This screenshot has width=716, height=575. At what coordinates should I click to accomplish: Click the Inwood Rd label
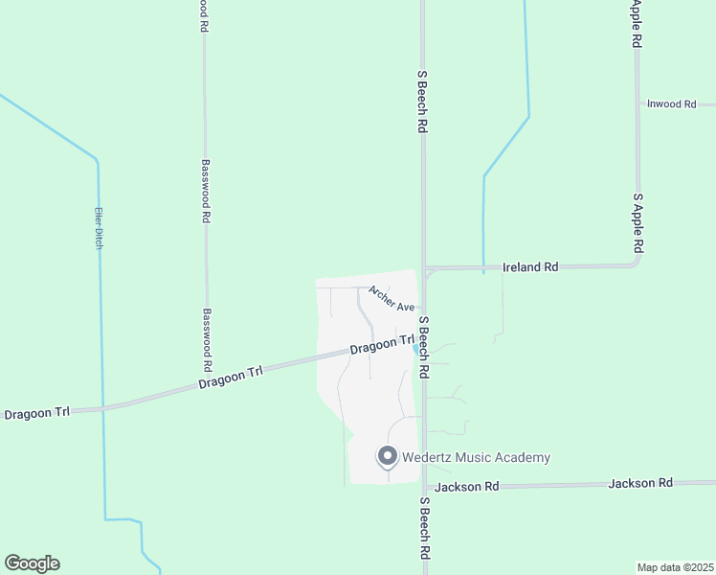[671, 103]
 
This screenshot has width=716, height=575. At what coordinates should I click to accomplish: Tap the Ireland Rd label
[537, 267]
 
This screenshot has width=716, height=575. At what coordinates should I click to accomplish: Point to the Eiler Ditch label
[98, 229]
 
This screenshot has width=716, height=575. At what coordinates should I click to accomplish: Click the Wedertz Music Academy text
[476, 457]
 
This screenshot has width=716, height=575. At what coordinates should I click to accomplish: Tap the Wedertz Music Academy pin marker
[388, 456]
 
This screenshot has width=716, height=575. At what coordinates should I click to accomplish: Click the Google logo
[32, 563]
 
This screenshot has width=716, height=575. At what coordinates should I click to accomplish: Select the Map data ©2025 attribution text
[676, 567]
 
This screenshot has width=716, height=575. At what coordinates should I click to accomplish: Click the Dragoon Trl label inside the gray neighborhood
[382, 344]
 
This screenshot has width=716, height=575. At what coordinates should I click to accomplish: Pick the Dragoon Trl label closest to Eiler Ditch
[37, 413]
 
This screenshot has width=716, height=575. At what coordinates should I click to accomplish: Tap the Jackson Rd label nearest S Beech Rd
[466, 487]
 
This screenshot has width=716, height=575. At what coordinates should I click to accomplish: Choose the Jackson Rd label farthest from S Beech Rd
[640, 483]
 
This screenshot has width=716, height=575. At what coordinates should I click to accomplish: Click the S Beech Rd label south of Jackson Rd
[425, 528]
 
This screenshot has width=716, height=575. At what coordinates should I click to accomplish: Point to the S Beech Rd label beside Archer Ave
[423, 345]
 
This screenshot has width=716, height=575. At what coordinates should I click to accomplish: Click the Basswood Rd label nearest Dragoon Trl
[207, 340]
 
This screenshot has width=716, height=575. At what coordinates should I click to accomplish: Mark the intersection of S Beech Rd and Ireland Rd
[425, 268]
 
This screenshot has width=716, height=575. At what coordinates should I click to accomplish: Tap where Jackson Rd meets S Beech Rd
[425, 487]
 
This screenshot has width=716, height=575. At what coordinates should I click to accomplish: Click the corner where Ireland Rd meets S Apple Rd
[637, 264]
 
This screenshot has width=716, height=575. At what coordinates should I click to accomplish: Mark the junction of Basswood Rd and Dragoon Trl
[207, 379]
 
